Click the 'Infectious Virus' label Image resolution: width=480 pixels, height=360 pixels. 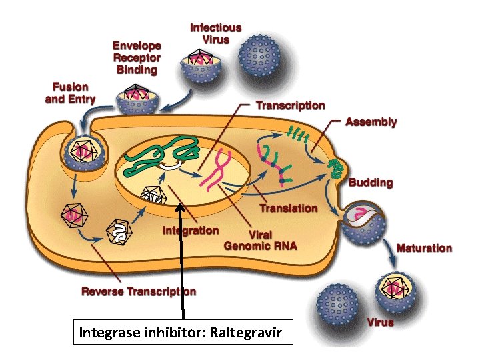coord(215,33)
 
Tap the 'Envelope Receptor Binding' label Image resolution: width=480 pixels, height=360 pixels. coord(137,57)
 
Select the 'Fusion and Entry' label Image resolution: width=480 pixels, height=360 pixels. coord(70,93)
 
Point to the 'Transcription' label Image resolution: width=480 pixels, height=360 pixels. coord(291,105)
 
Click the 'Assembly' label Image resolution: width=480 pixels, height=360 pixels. coord(371,122)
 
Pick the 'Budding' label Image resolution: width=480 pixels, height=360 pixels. coord(371,183)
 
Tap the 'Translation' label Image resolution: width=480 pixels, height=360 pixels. coord(288,208)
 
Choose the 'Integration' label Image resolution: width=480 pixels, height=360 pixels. coord(191,231)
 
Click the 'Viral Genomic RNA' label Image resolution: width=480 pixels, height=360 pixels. coord(260,240)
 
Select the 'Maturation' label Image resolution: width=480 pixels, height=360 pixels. coord(424,248)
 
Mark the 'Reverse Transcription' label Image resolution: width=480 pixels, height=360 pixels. coord(139,291)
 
